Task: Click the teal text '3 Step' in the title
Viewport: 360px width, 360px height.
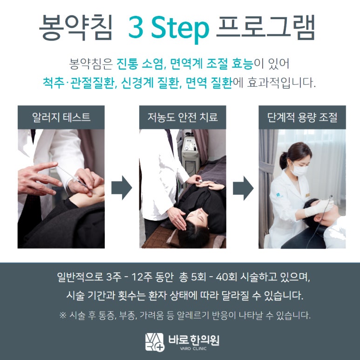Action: [169, 28]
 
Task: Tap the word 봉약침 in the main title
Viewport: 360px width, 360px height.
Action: [76, 27]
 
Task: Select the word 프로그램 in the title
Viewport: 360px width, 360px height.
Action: [265, 27]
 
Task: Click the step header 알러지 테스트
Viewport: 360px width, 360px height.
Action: [61, 117]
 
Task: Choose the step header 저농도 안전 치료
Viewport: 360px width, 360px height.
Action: [183, 117]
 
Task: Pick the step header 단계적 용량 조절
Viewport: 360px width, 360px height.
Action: [302, 117]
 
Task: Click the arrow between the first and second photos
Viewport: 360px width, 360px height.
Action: [122, 188]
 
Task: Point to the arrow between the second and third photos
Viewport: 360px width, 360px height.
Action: [243, 188]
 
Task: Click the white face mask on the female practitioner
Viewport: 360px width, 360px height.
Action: [298, 170]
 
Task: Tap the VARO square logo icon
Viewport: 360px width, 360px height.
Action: [155, 342]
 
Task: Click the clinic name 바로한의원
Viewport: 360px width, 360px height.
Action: [194, 340]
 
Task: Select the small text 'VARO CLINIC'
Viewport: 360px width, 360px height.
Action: [193, 348]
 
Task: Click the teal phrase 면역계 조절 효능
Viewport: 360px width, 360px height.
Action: [212, 64]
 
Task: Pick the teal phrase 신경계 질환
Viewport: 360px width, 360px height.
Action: [150, 82]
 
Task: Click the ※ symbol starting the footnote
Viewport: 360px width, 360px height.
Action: [63, 315]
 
